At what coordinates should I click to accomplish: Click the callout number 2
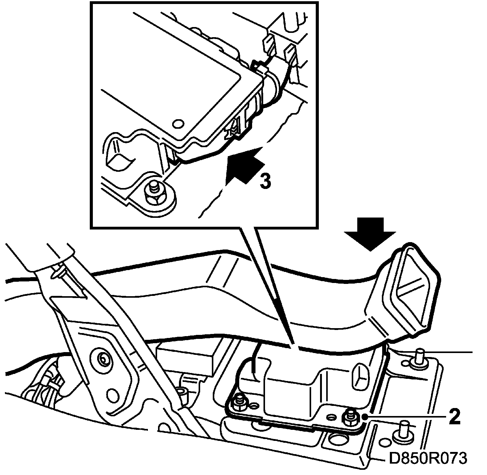[454, 417]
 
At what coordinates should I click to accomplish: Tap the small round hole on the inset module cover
[178, 124]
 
